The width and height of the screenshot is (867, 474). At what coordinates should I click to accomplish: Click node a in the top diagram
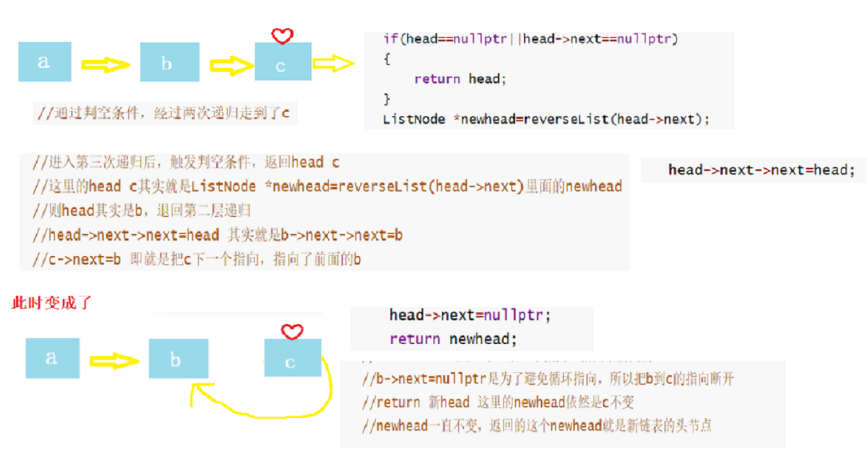click(x=45, y=62)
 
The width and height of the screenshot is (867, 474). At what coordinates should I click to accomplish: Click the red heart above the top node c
click(x=283, y=35)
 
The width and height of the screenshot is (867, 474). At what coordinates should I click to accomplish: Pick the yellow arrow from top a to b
click(x=106, y=64)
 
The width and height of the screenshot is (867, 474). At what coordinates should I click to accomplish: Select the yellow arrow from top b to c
click(x=232, y=65)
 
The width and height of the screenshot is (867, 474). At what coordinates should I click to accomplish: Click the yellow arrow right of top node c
click(x=333, y=64)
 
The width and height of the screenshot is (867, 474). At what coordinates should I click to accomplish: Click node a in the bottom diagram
click(x=52, y=358)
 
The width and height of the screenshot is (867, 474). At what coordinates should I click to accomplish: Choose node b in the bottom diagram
click(x=178, y=359)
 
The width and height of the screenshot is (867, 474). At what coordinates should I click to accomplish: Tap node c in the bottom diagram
click(x=292, y=361)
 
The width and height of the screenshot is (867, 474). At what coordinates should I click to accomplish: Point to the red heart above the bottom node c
click(x=292, y=331)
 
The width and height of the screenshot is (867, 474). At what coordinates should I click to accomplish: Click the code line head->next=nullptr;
click(x=470, y=316)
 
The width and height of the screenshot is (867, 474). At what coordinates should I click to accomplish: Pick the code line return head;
click(x=460, y=79)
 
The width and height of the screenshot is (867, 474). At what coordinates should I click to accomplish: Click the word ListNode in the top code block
click(x=414, y=120)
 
